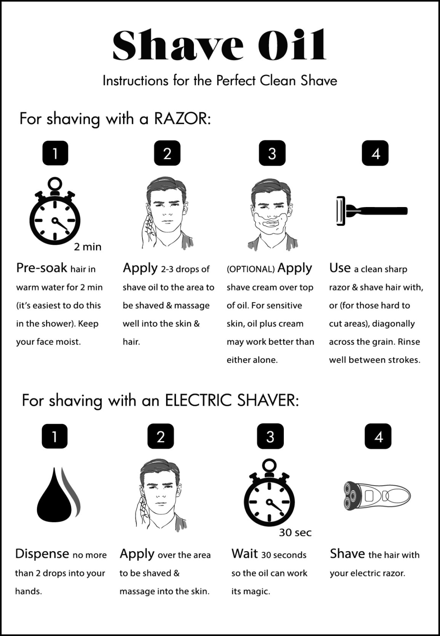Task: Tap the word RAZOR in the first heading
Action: [182, 119]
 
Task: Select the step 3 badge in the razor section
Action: [272, 154]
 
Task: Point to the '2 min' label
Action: [88, 247]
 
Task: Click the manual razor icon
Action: [372, 211]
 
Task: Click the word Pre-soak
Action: [41, 268]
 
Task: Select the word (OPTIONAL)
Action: [250, 269]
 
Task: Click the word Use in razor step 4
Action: [340, 268]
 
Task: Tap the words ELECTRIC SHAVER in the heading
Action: [231, 401]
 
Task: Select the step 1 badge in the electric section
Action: [54, 436]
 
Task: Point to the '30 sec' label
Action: [295, 533]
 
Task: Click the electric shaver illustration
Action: [377, 496]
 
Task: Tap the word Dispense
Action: [42, 554]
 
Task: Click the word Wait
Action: [244, 554]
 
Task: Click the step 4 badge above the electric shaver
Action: [378, 436]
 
